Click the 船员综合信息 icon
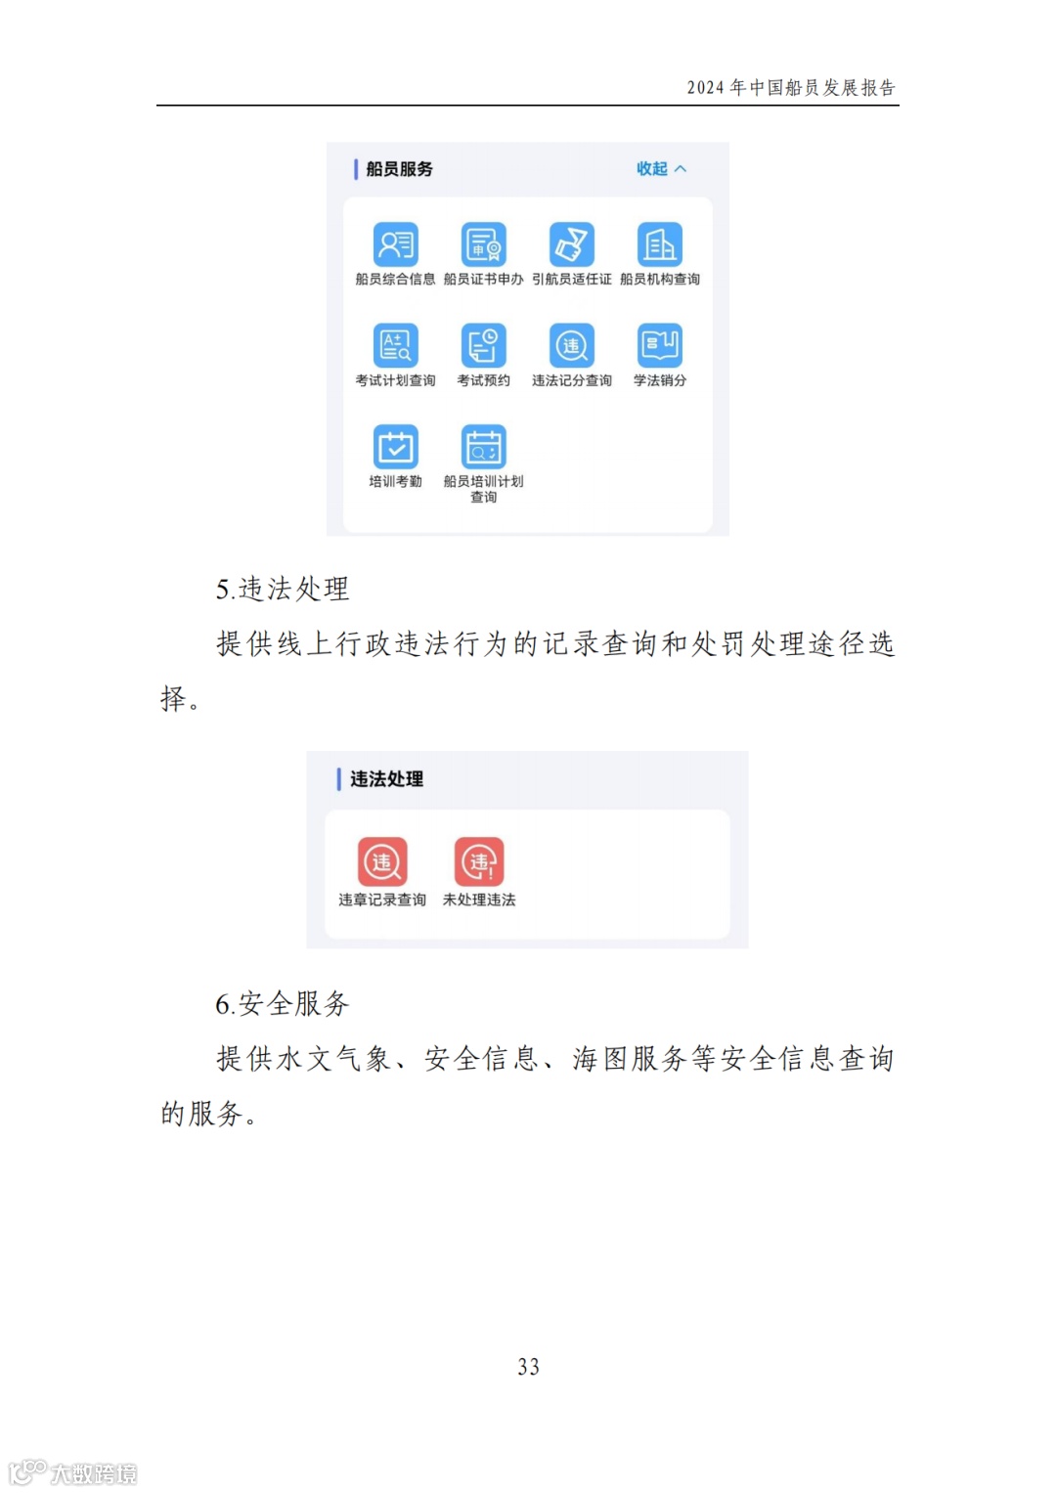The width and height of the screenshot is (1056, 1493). click(395, 244)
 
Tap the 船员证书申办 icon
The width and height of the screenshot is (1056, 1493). click(483, 244)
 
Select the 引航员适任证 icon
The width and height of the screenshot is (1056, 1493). click(571, 244)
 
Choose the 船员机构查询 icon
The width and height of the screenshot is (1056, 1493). click(660, 244)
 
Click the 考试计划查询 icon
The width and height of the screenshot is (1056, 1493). click(395, 345)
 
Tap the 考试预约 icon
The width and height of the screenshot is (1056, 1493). click(483, 345)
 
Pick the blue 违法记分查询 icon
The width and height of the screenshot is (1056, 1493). click(571, 345)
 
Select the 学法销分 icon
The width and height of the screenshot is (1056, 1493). click(660, 345)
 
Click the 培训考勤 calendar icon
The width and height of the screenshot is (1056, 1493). click(395, 447)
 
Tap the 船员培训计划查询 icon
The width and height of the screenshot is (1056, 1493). click(483, 447)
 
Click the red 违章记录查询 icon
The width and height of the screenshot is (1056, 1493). click(382, 861)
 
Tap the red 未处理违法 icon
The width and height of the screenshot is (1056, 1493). click(479, 861)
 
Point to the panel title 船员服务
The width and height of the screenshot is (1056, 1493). click(399, 169)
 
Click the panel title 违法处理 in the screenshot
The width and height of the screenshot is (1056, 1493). click(386, 779)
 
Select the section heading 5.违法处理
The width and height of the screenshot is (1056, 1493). click(283, 589)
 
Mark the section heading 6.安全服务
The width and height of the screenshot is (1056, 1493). click(283, 1003)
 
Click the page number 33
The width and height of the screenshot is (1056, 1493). click(528, 1367)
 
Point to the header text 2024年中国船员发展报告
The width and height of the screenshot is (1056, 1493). click(790, 88)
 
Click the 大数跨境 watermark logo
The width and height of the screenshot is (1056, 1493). click(73, 1472)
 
